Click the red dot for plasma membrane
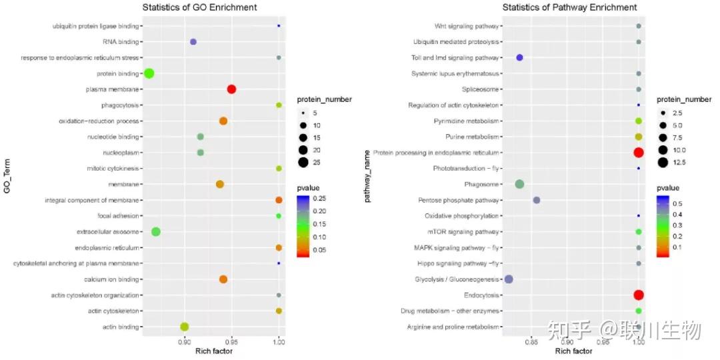(231, 89)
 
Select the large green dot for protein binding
(149, 73)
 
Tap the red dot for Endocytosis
(638, 295)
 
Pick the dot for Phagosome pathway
(520, 184)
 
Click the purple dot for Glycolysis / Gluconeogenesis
(509, 279)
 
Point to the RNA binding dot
(193, 42)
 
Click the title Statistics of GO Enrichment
(200, 7)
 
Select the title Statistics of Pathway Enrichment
(569, 7)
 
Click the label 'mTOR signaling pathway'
(463, 232)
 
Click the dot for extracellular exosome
(156, 232)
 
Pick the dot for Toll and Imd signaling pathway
(519, 58)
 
